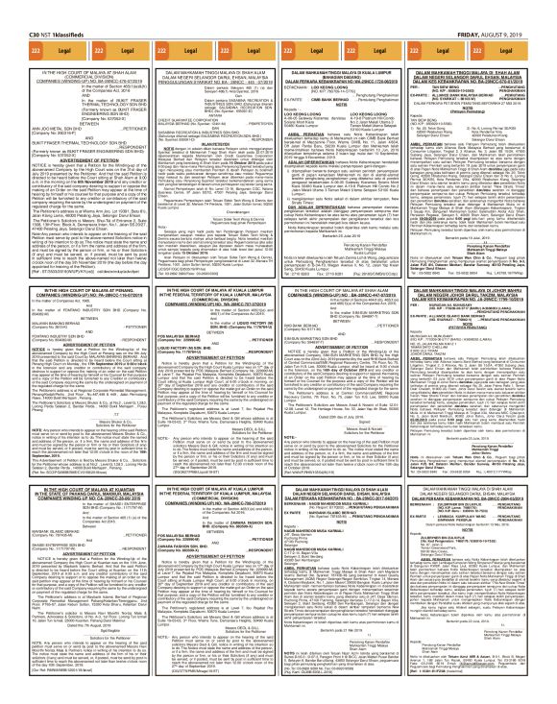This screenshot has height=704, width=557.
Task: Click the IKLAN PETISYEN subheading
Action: [207, 107]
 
